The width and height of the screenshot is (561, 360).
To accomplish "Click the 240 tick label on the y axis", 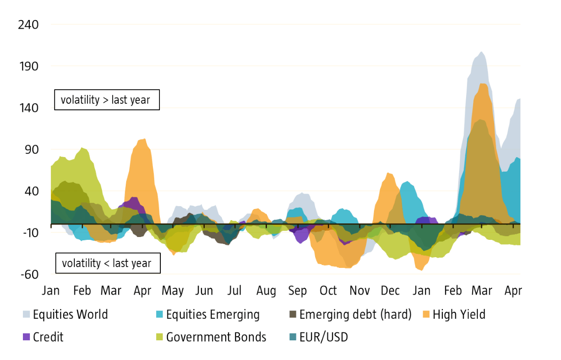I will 28,24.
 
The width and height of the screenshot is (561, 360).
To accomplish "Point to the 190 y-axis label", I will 28,66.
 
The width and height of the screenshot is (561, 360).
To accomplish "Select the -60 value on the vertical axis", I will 29,275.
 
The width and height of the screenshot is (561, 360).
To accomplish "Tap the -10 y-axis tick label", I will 29,233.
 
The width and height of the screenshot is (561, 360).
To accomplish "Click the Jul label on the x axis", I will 234,291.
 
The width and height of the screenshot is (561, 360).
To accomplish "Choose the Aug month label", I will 266,291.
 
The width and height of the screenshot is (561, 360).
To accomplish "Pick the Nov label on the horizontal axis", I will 360,291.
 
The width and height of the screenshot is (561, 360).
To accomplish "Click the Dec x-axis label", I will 390,291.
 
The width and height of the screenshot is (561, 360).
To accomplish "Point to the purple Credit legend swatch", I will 27,337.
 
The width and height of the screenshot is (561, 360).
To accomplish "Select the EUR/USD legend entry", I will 323,337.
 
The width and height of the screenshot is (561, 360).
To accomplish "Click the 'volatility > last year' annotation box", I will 107,100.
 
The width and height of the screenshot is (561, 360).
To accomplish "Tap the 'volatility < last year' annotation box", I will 107,263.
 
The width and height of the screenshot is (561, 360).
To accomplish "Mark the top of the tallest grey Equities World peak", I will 481,52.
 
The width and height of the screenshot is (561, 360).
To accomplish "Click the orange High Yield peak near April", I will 144,139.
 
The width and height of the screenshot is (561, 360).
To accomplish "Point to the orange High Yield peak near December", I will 388,173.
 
